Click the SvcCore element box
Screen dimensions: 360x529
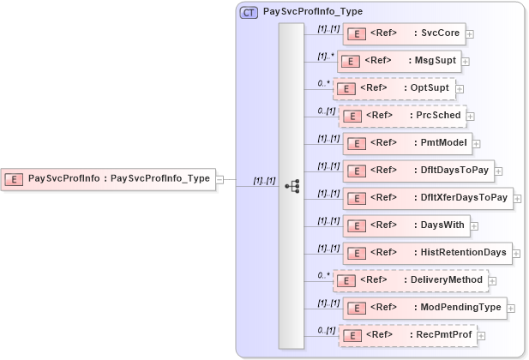pos(403,34)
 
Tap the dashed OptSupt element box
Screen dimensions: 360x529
pos(394,88)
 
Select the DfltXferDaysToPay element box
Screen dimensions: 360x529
pos(427,198)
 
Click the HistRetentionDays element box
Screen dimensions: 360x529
pos(427,253)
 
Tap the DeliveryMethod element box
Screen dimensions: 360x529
pos(410,280)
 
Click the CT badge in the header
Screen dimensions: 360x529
pos(249,13)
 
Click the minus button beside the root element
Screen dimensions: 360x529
pos(219,179)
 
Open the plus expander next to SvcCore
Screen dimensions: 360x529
pos(470,35)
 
